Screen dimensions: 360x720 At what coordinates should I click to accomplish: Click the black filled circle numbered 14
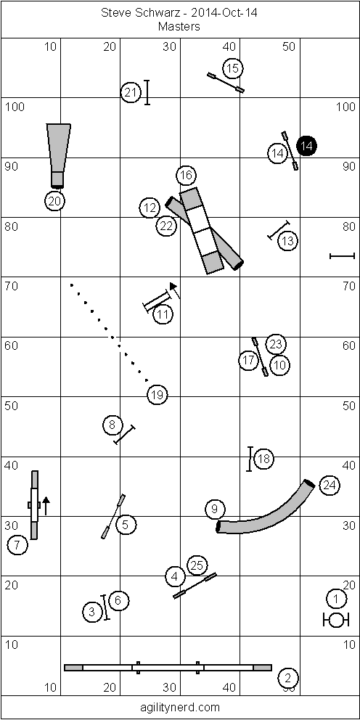(307, 147)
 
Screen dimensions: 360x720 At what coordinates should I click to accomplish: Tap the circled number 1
(336, 599)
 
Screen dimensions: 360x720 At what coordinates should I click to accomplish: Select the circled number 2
(288, 677)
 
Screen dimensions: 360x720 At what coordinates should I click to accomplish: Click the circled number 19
(157, 394)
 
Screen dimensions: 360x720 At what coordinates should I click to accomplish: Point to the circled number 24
(330, 486)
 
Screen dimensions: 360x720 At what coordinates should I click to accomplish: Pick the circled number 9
(216, 509)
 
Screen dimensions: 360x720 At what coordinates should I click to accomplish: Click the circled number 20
(55, 200)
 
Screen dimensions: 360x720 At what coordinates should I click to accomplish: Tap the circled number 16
(186, 176)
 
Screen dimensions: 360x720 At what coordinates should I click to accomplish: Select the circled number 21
(131, 93)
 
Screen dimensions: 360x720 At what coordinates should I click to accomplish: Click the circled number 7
(17, 545)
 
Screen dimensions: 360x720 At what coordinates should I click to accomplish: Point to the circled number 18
(263, 459)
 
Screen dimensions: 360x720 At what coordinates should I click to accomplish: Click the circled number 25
(197, 565)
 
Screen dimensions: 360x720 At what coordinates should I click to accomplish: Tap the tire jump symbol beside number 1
(334, 620)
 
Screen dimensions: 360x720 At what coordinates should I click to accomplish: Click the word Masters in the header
(179, 27)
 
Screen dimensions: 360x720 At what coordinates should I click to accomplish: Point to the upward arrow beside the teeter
(46, 506)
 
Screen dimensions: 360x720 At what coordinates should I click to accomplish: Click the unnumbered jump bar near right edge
(342, 255)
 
